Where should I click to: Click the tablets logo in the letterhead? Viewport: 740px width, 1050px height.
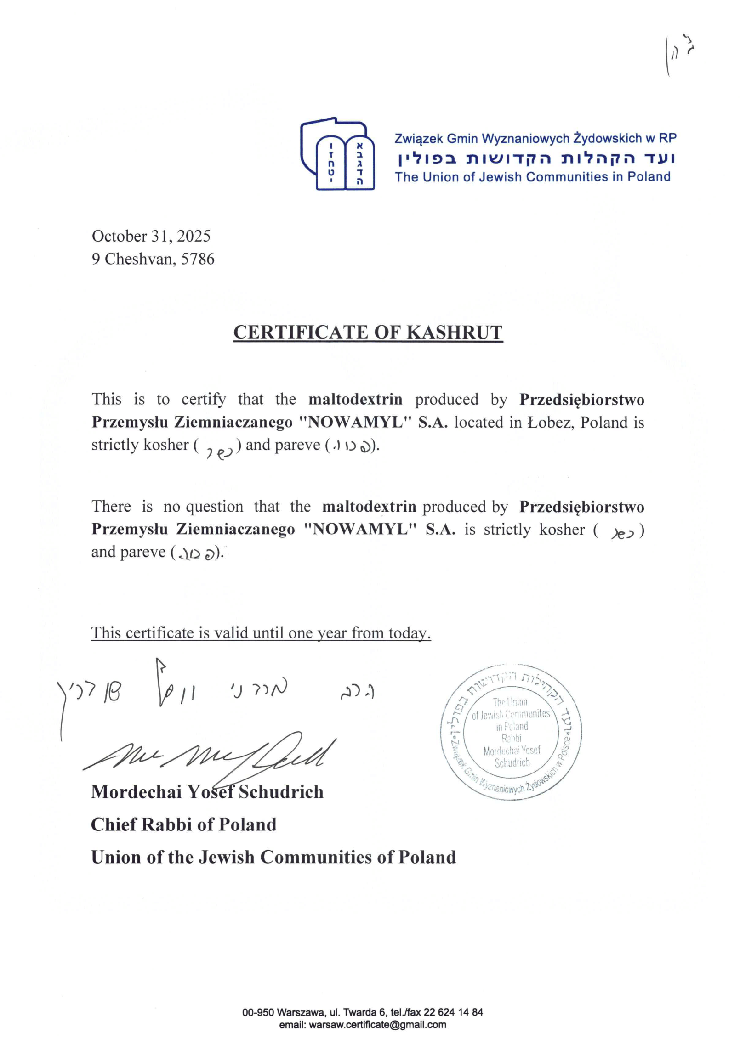point(337,156)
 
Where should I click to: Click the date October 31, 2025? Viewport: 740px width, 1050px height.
point(151,236)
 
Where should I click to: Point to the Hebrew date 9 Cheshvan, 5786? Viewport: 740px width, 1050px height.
point(153,259)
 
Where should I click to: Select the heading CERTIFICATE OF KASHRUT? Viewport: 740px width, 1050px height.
point(368,333)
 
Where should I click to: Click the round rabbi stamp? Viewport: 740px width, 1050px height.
point(511,733)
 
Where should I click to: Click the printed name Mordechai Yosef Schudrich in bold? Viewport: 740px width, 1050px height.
point(207,792)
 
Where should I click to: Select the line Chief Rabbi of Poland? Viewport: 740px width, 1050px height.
point(183,824)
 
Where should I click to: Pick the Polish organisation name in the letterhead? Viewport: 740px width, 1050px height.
point(535,138)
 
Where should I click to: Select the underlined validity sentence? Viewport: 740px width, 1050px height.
point(261,633)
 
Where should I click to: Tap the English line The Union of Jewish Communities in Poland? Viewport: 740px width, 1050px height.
point(532,177)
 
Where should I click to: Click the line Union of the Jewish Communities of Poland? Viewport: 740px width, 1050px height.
point(273,857)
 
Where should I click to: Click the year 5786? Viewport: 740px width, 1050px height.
point(198,259)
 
